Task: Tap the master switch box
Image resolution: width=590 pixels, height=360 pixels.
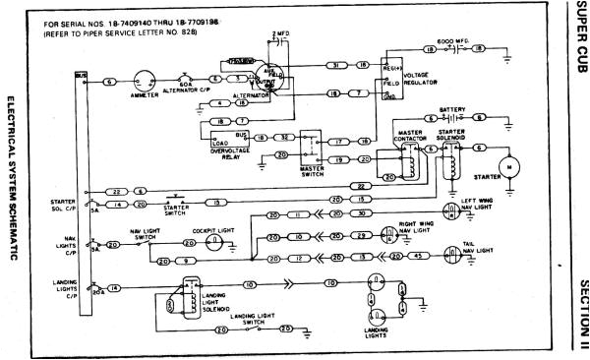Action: [x=315, y=143]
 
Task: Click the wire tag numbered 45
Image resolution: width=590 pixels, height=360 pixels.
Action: [x=420, y=256]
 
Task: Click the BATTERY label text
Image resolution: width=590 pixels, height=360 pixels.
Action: [x=453, y=110]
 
